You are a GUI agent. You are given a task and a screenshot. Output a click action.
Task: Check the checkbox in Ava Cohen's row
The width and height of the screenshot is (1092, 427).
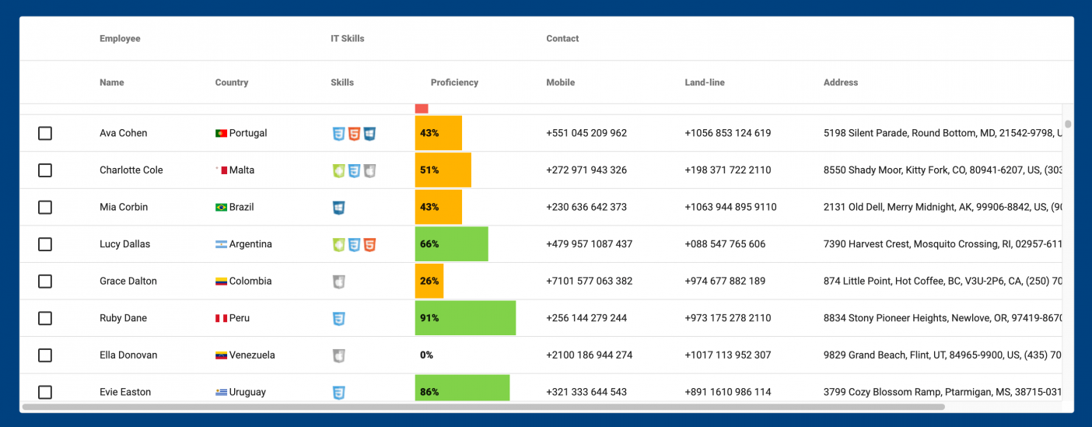tap(45, 133)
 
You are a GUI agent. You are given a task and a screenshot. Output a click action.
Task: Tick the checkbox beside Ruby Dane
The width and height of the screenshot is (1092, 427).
tap(45, 318)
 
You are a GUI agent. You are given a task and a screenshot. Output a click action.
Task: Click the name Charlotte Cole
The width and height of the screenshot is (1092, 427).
tap(131, 170)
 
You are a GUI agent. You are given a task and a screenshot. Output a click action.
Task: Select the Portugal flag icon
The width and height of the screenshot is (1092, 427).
tap(221, 133)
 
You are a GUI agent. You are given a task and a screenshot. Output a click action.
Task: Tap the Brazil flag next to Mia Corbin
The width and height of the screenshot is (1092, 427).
tap(221, 208)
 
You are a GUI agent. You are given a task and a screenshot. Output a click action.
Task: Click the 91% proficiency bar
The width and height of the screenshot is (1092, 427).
tap(465, 318)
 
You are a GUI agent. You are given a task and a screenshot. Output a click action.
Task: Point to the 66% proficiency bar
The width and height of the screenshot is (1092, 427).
tap(451, 244)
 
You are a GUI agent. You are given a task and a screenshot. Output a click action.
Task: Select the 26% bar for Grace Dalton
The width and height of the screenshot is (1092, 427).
tap(429, 282)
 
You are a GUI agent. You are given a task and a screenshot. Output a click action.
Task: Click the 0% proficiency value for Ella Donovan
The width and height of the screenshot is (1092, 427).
tap(426, 355)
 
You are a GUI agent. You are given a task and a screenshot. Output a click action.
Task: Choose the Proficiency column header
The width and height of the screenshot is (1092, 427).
tap(454, 82)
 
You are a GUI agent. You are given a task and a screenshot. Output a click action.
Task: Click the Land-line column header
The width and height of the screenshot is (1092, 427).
tap(704, 82)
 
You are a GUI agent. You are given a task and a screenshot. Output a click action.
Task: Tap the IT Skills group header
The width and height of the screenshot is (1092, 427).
tap(347, 39)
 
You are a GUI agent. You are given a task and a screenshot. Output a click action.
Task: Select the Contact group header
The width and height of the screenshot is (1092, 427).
tap(562, 39)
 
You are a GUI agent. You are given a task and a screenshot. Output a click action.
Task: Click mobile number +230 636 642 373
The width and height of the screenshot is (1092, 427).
tap(586, 208)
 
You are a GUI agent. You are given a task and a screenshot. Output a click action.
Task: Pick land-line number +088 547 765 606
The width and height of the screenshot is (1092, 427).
tap(725, 244)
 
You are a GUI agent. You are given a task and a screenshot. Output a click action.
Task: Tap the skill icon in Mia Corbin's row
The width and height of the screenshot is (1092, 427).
tap(338, 208)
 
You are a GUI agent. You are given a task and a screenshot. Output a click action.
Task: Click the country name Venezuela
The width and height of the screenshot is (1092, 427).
tap(252, 355)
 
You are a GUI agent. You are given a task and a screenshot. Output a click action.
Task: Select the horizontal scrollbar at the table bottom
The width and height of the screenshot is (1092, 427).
tap(482, 407)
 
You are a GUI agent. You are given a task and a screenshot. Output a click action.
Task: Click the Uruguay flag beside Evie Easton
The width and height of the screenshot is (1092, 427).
tap(221, 393)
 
